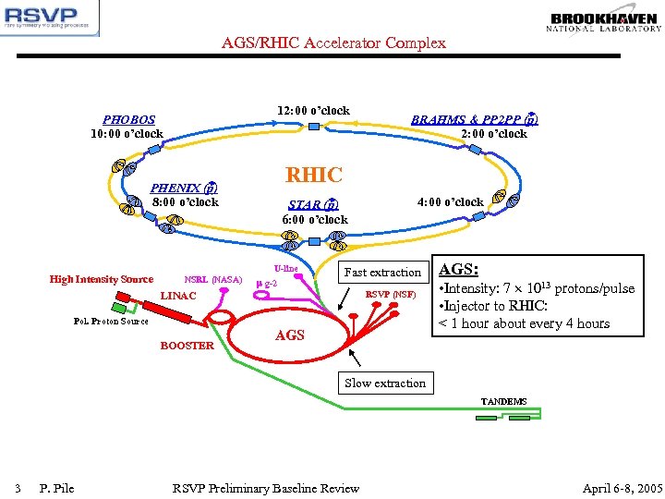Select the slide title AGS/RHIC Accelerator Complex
coord(333,43)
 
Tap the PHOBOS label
coord(129,119)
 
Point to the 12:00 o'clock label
coord(313,111)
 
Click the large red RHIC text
coord(314,175)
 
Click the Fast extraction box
coord(382,273)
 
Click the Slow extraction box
coord(385,383)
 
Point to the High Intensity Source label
coord(102,279)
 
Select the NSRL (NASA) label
coord(213,279)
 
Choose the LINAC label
coord(178,296)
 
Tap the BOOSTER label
coord(187,346)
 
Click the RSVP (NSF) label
coord(392,295)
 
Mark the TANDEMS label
coord(503,402)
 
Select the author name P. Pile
coord(57,488)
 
